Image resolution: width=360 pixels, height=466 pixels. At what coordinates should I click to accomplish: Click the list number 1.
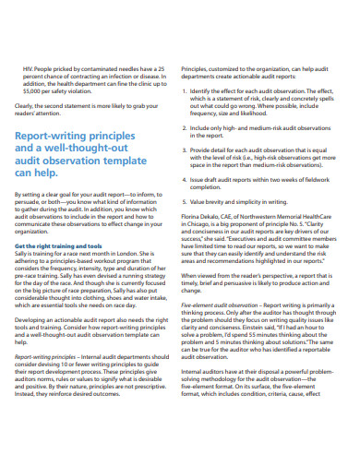coord(189,90)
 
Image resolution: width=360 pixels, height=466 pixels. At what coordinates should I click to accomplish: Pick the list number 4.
coord(189,177)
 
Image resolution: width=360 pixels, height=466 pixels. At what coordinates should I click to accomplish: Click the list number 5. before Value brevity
coord(189,199)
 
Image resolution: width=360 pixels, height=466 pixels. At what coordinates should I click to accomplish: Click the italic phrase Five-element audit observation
coord(219,305)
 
